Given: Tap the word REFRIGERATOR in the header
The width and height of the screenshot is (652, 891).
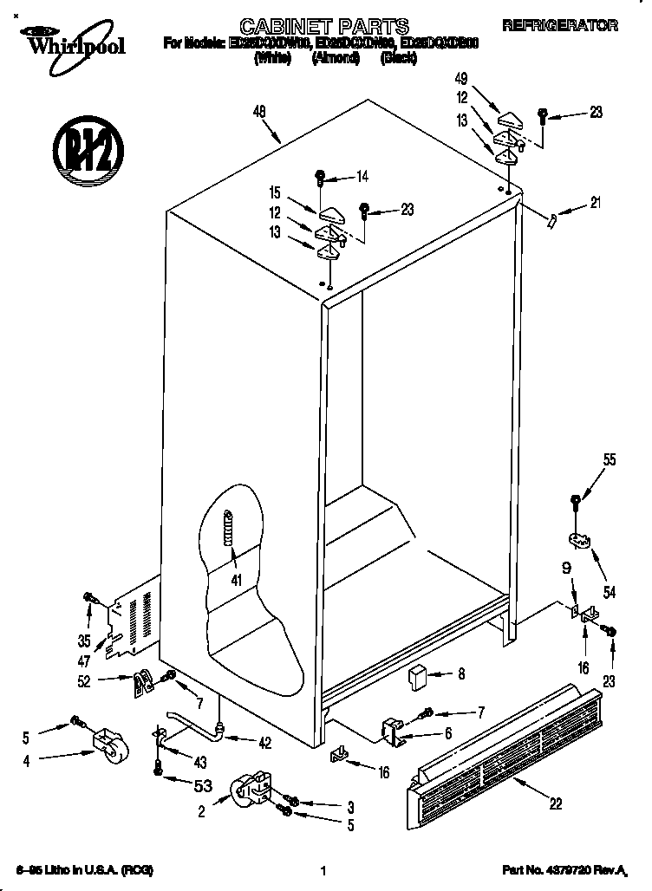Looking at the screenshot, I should [x=573, y=27].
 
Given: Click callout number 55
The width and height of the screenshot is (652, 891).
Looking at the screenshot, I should [x=609, y=460].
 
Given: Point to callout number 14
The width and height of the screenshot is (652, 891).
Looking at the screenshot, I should [x=362, y=177].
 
